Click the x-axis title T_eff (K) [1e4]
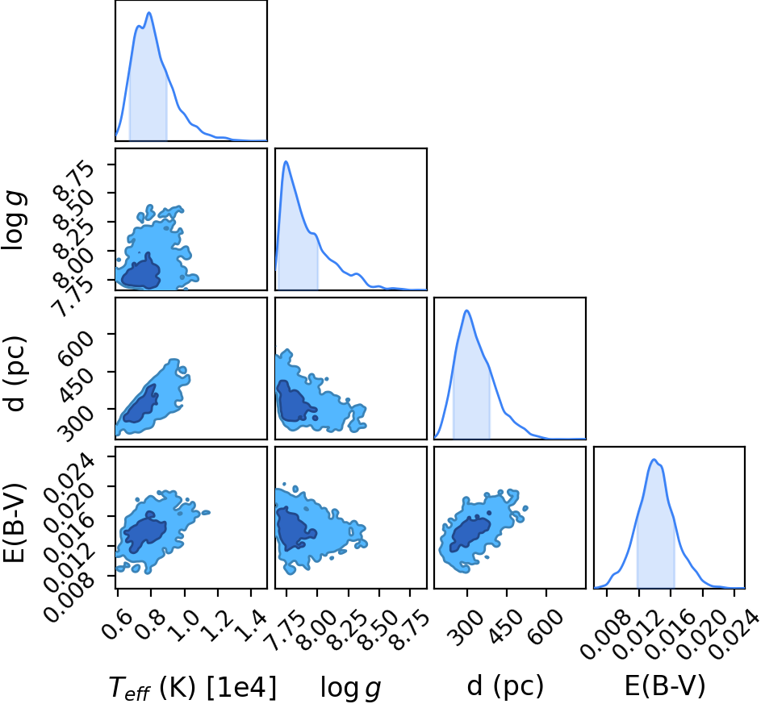192,688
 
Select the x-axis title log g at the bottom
350,688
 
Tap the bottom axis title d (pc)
505,686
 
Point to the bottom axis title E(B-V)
665,686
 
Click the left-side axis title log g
15,221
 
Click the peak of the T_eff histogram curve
149,13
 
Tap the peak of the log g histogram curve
286,161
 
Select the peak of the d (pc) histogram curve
467,310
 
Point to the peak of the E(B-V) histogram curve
654,460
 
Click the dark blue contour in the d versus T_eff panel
140,406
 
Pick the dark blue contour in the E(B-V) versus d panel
470,534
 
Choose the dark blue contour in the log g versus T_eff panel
141,274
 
